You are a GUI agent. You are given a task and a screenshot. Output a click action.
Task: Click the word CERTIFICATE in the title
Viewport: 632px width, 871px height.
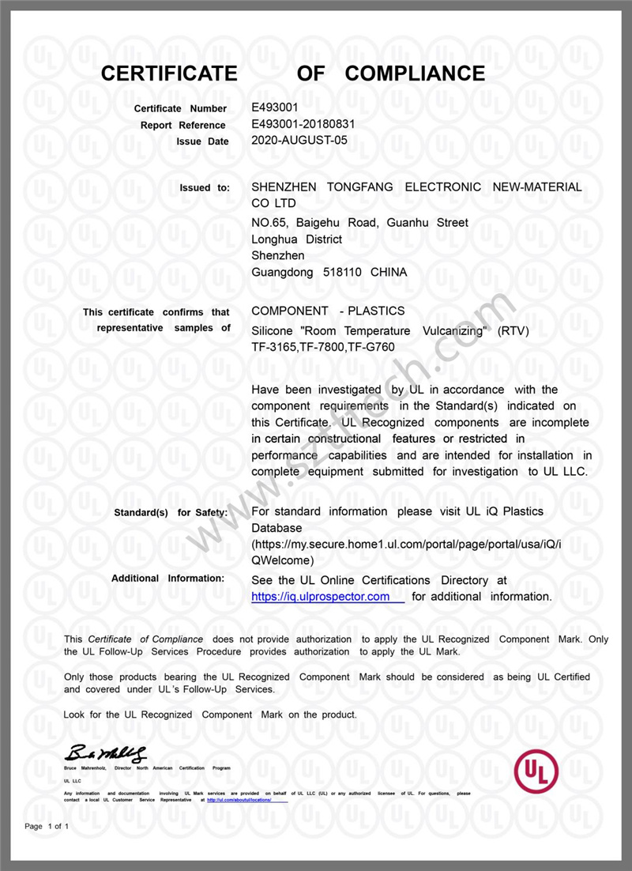169,74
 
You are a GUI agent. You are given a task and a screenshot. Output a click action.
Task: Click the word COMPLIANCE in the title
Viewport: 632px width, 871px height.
416,74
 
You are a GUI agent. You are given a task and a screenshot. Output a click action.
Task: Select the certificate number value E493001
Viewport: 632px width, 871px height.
274,107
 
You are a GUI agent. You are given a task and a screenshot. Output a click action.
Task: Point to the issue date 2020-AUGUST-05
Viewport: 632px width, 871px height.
299,141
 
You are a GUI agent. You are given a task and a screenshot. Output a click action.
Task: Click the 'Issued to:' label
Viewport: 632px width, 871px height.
205,188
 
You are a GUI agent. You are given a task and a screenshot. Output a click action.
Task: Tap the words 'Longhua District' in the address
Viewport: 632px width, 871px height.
296,239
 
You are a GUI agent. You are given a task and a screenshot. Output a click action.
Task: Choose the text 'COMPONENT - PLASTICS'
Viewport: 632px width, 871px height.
328,311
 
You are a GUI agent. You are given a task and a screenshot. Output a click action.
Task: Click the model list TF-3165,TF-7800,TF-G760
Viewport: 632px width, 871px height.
323,347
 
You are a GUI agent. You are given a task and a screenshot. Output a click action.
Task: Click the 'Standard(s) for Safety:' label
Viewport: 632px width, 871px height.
171,513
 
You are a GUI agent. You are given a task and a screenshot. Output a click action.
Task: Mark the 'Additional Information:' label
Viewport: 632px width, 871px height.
169,579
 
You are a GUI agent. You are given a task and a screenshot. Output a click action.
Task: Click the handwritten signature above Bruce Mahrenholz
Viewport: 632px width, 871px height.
107,752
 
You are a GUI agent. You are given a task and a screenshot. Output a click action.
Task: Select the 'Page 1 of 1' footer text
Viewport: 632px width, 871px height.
47,827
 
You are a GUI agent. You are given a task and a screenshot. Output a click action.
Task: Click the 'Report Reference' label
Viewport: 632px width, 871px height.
182,125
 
